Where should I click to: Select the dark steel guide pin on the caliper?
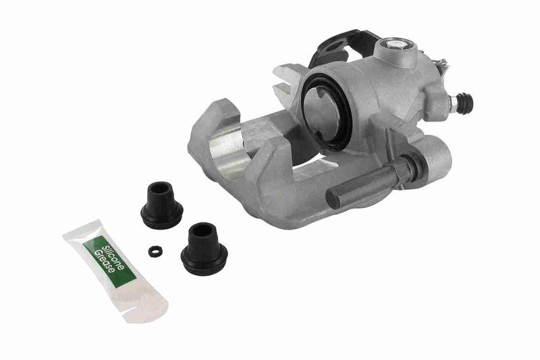pos(364,186)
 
